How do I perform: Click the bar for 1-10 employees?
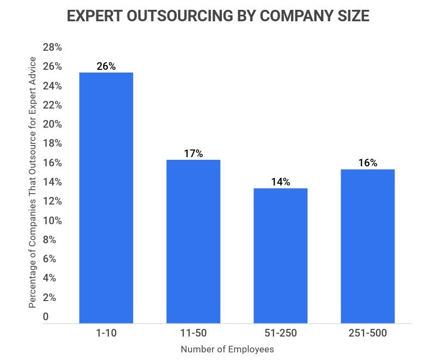[106, 197]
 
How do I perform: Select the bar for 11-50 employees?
[193, 241]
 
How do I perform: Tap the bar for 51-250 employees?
[280, 255]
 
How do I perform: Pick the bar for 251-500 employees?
[367, 246]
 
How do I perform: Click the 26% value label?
[106, 66]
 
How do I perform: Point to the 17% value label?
[193, 153]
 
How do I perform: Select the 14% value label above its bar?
[280, 182]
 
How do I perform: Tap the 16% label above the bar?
[367, 163]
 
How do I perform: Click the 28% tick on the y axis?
[52, 48]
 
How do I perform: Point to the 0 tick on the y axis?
[46, 316]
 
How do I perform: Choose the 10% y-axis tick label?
[52, 221]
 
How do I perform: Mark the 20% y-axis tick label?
[52, 124]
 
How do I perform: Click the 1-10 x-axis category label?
[106, 333]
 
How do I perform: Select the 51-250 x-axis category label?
[280, 333]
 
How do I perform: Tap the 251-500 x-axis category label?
[367, 333]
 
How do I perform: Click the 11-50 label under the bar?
[193, 333]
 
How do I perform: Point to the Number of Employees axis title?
[227, 349]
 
